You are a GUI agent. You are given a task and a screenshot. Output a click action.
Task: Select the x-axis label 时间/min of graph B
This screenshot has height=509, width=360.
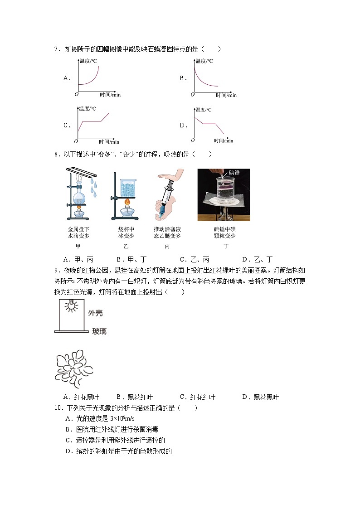pyautogui.click(x=226, y=95)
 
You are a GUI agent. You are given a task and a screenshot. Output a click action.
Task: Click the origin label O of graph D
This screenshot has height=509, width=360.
pyautogui.click(x=192, y=141)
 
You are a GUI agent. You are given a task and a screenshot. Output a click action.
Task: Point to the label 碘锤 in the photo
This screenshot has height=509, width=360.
pyautogui.click(x=235, y=172)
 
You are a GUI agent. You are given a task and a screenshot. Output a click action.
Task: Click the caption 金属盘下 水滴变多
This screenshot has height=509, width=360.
pyautogui.click(x=78, y=233)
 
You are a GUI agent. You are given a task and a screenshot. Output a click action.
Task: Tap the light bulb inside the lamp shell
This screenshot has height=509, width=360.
pyautogui.click(x=70, y=307)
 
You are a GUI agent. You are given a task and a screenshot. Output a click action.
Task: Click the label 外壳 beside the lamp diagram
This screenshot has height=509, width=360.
pyautogui.click(x=96, y=313)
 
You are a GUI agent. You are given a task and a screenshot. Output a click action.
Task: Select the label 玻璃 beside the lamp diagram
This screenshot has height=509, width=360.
pyautogui.click(x=99, y=331)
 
